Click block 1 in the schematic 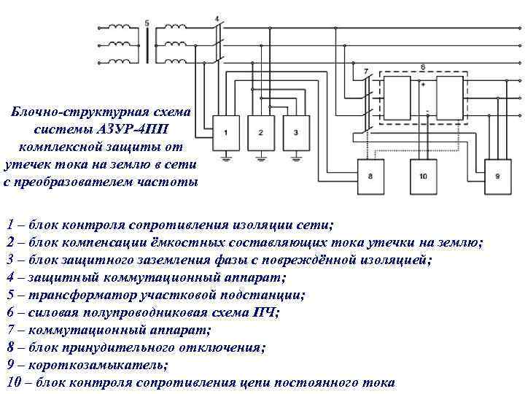[226, 132]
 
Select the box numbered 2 [261, 132]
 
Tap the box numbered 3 [296, 132]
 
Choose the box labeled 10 [423, 177]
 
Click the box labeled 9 [497, 177]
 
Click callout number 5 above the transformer [148, 23]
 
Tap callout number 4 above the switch [217, 18]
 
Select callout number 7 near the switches [365, 71]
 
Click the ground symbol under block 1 [226, 157]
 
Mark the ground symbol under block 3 [296, 157]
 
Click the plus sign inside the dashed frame [424, 85]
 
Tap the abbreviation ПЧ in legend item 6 [265, 313]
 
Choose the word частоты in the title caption [171, 182]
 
